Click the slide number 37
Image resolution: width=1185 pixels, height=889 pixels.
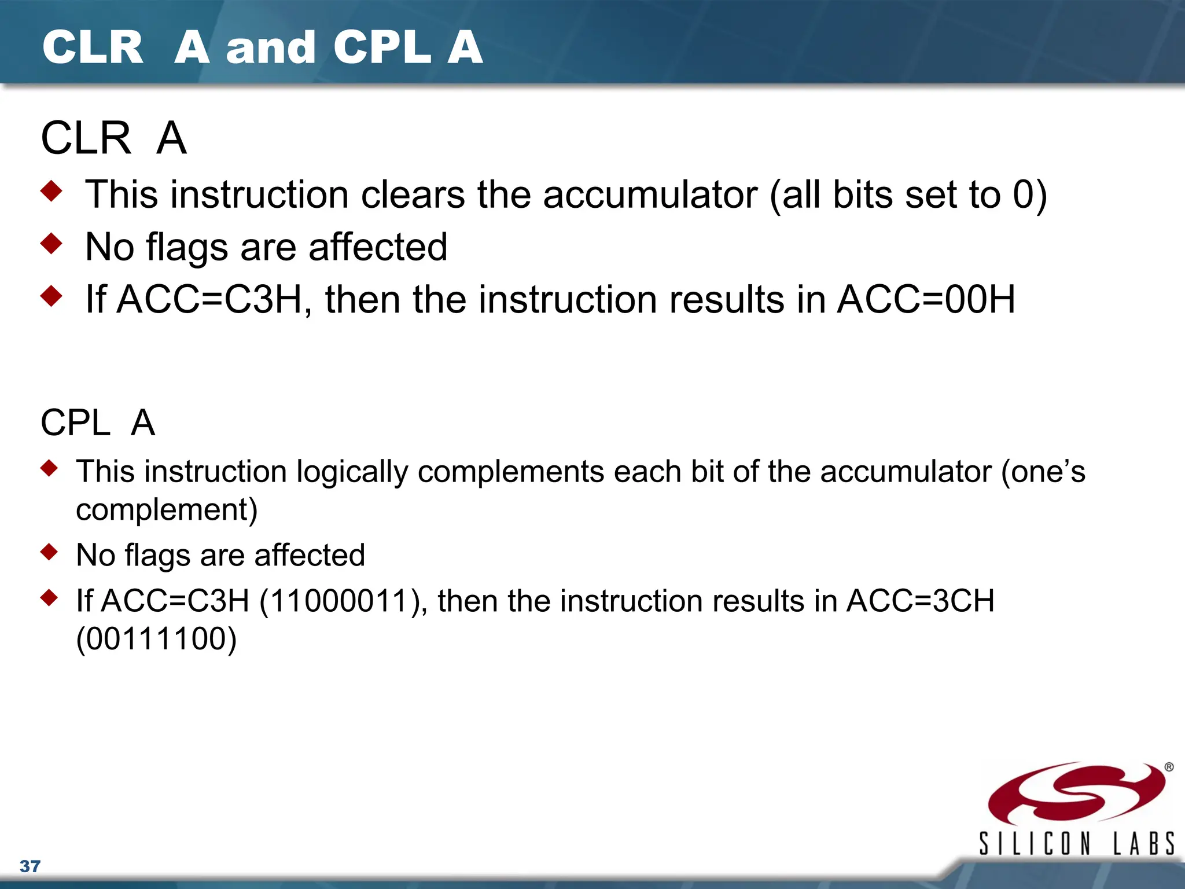coord(30,866)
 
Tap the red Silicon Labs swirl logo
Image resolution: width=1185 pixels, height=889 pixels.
coord(1076,793)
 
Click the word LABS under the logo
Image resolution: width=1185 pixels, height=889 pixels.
coord(1144,843)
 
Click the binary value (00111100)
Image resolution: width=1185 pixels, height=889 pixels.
coord(156,639)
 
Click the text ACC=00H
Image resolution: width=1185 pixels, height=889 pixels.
coord(926,299)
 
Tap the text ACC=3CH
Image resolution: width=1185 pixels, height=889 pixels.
coord(920,601)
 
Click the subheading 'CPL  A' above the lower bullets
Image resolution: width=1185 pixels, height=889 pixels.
coord(97,423)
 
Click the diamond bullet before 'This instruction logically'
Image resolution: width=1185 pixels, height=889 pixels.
coord(50,468)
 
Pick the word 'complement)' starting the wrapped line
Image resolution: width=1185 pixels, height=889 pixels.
coord(167,510)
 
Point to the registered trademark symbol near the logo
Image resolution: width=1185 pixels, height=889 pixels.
coord(1169,767)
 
